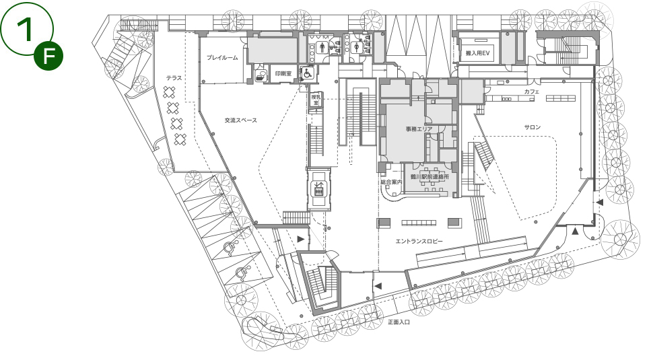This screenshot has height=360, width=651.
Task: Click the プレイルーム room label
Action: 222,58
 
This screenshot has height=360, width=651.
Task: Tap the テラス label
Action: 174,78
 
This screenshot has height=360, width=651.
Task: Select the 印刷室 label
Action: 283,74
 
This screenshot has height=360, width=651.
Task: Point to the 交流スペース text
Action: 241,120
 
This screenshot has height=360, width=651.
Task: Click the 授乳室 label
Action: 316,100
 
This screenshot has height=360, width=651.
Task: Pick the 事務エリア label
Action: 419,129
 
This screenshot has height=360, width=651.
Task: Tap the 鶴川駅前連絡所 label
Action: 430,177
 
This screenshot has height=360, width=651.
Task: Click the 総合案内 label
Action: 392,182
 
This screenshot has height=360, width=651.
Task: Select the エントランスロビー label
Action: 419,242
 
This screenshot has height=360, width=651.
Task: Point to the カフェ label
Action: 531,92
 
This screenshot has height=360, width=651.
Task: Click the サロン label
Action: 533,127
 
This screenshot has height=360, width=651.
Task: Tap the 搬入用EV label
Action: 478,53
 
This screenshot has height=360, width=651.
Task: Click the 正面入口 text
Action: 399,322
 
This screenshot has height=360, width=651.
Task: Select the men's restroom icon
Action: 322,48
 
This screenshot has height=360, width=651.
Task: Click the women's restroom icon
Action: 357,48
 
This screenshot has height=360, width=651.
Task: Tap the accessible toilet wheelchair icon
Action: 308,73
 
